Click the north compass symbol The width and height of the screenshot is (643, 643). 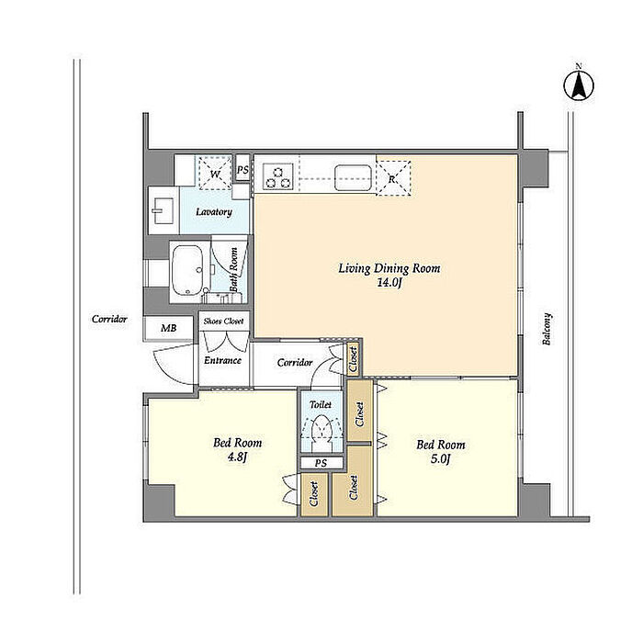click(x=578, y=85)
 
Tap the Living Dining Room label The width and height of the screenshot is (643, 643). click(x=389, y=268)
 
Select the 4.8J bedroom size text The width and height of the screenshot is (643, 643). click(x=237, y=457)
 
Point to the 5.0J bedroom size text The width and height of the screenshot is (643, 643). click(x=440, y=458)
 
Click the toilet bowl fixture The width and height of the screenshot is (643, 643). click(x=321, y=430)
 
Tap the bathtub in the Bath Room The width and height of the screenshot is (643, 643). click(x=186, y=271)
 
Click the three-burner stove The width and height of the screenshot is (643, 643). click(x=278, y=176)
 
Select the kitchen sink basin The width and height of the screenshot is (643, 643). click(x=353, y=177)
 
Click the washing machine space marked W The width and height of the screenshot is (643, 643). click(x=215, y=173)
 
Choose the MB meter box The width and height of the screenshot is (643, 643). click(x=168, y=328)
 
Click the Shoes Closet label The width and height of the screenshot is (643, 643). click(x=223, y=321)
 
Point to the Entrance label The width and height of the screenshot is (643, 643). click(x=222, y=360)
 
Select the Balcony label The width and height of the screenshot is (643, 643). click(x=547, y=329)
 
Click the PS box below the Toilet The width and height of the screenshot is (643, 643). click(x=321, y=463)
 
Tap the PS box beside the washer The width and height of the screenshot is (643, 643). click(x=243, y=169)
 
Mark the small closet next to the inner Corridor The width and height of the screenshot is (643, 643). click(x=353, y=358)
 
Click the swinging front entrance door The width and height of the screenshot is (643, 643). click(x=175, y=364)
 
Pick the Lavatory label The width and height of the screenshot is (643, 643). click(x=214, y=212)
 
